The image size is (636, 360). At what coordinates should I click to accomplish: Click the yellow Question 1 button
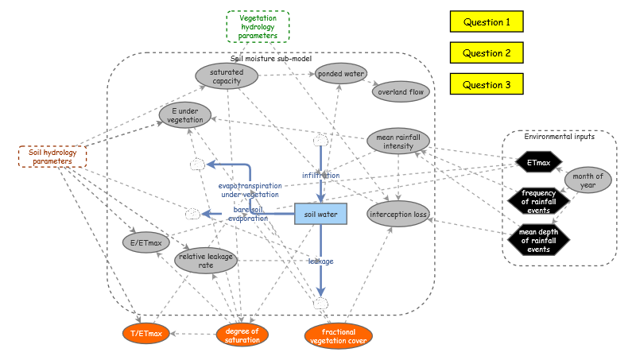pyautogui.click(x=487, y=22)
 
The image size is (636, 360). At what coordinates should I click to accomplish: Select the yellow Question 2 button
pyautogui.click(x=487, y=53)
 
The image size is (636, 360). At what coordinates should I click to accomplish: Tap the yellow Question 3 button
pyautogui.click(x=487, y=84)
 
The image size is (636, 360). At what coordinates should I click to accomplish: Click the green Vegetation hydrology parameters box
pyautogui.click(x=258, y=26)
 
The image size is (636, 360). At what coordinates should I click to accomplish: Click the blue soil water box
pyautogui.click(x=321, y=214)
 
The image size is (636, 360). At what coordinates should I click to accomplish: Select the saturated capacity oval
pyautogui.click(x=227, y=76)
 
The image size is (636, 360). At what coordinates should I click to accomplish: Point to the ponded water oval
pyautogui.click(x=340, y=74)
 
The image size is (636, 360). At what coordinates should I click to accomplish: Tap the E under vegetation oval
pyautogui.click(x=185, y=114)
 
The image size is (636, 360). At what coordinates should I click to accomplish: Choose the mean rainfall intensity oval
pyautogui.click(x=397, y=141)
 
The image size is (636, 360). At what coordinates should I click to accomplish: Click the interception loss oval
pyautogui.click(x=397, y=215)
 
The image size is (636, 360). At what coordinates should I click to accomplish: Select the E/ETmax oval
pyautogui.click(x=147, y=242)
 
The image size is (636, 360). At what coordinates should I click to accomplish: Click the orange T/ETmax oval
pyautogui.click(x=146, y=333)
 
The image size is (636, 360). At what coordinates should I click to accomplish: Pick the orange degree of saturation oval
pyautogui.click(x=242, y=335)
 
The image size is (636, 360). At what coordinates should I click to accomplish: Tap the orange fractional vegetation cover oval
pyautogui.click(x=338, y=335)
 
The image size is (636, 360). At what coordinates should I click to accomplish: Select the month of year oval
pyautogui.click(x=588, y=180)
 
